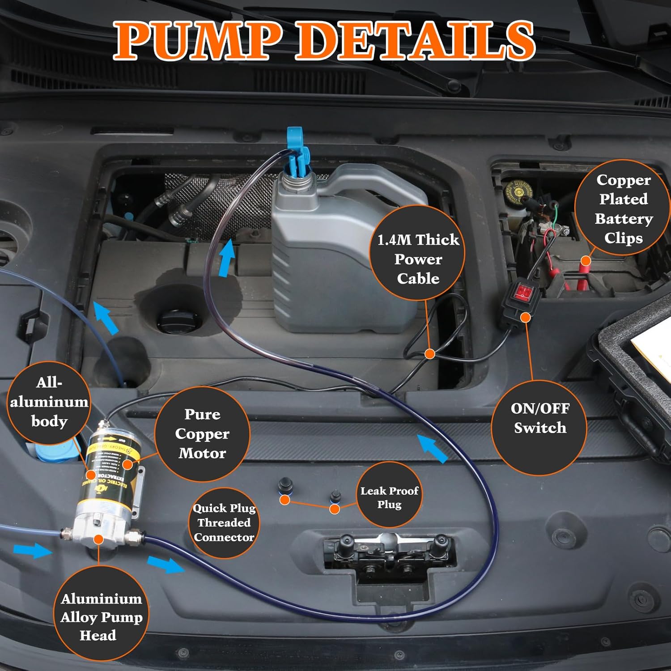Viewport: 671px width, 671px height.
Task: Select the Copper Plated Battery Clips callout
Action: pyautogui.click(x=623, y=208)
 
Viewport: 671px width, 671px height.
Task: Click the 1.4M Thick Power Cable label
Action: pyautogui.click(x=418, y=259)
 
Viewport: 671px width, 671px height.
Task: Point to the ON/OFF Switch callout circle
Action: pyautogui.click(x=539, y=418)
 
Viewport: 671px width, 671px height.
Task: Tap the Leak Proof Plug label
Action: pyautogui.click(x=389, y=497)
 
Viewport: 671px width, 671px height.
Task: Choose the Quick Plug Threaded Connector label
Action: pyautogui.click(x=224, y=522)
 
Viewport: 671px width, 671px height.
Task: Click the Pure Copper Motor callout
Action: pyautogui.click(x=202, y=433)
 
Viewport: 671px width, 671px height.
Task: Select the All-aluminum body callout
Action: pyautogui.click(x=49, y=402)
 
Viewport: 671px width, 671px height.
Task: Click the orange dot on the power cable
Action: pyautogui.click(x=429, y=354)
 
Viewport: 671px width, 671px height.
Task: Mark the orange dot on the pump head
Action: pyautogui.click(x=98, y=540)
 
